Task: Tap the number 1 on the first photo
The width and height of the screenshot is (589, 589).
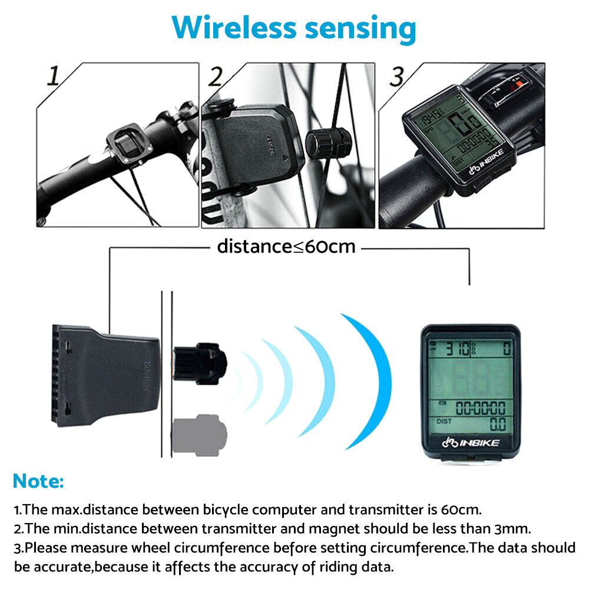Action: [x=54, y=77]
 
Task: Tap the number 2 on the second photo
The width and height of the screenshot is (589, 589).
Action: [x=217, y=77]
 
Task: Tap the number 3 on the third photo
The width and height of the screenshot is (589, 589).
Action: [x=398, y=77]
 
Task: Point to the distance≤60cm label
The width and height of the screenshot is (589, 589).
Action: [x=286, y=246]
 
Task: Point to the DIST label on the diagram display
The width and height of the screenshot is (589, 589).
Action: [x=445, y=421]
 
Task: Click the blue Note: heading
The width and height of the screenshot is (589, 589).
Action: [x=38, y=481]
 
